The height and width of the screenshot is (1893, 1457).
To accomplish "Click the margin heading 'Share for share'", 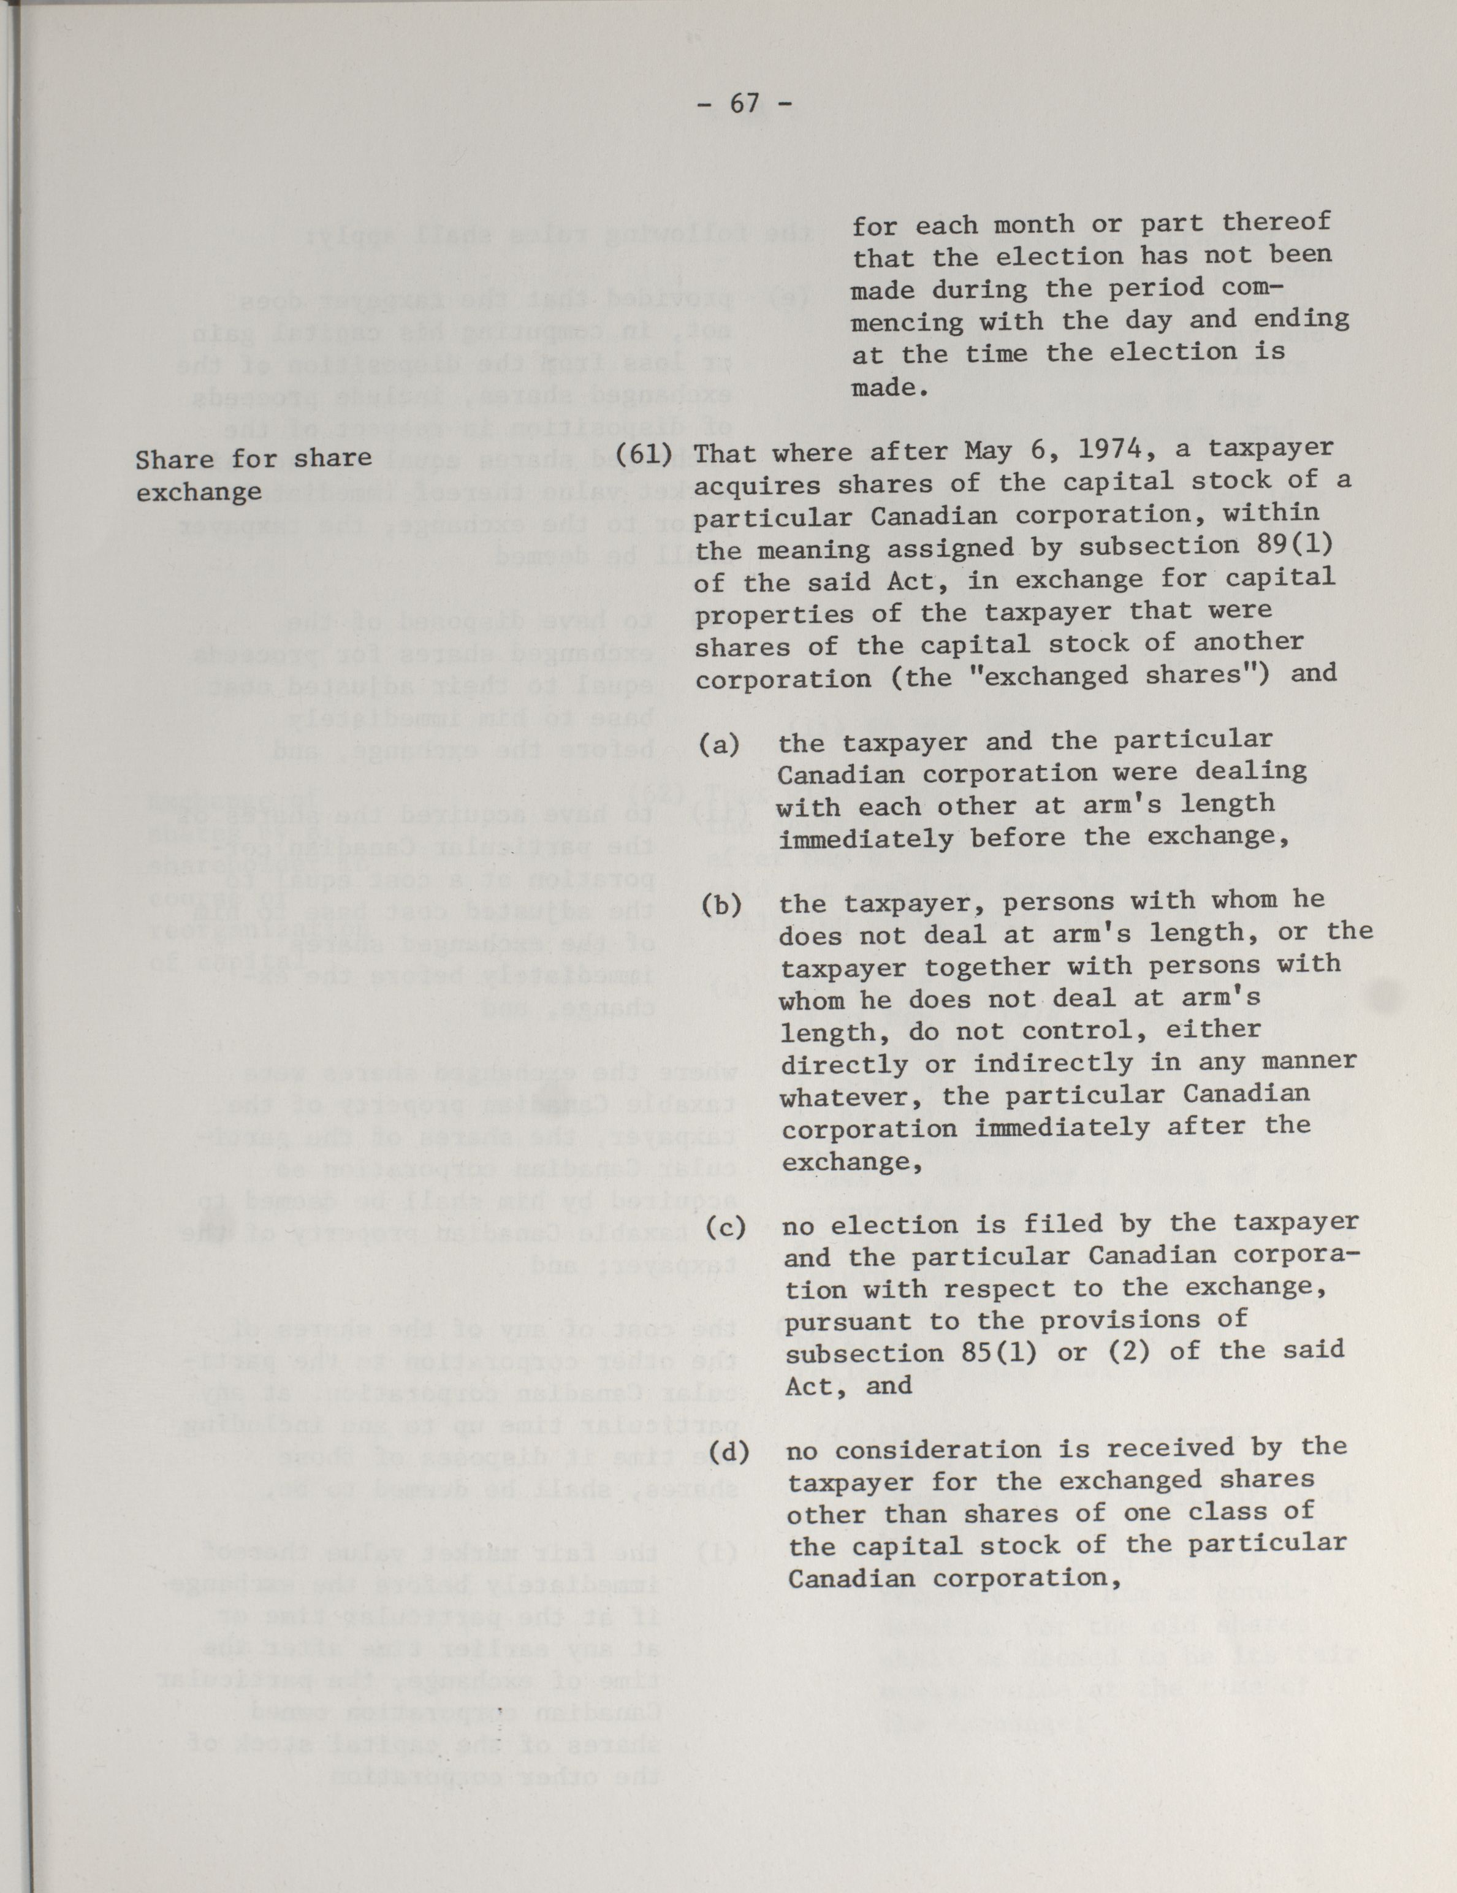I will point(253,458).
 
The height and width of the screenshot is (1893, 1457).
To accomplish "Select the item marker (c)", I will point(726,1225).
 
